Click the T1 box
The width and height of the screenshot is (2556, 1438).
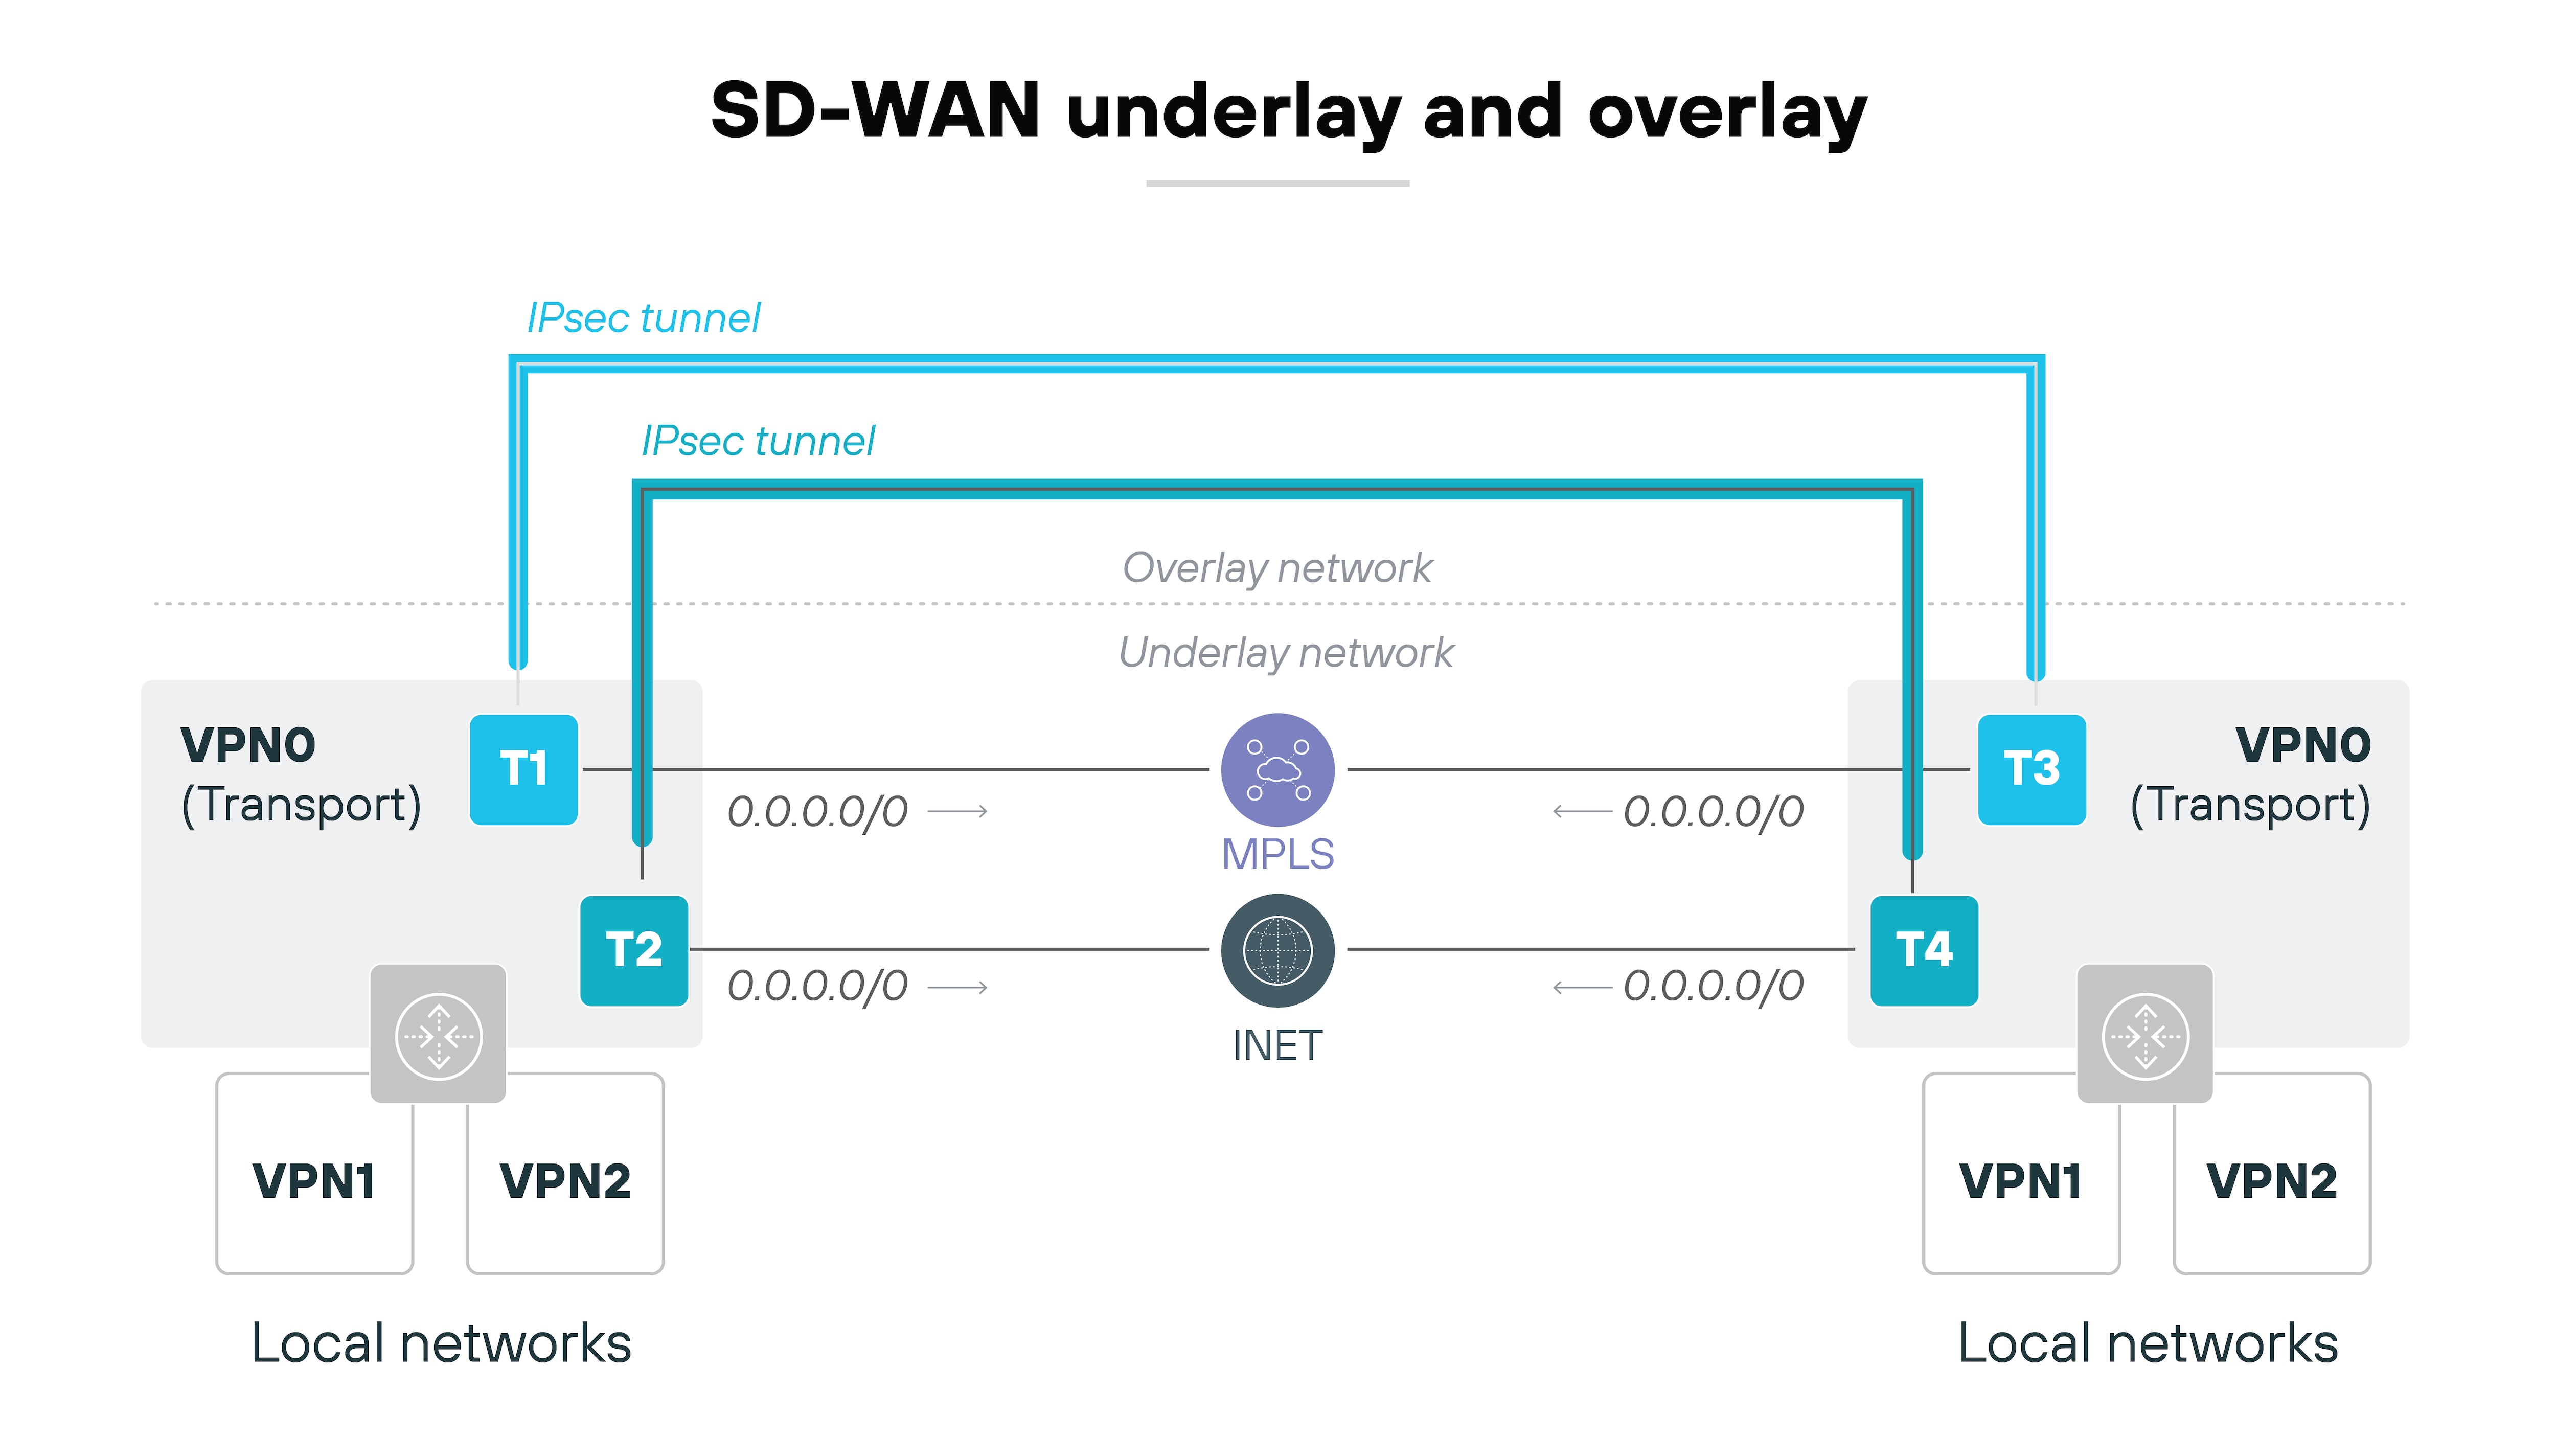coord(523,769)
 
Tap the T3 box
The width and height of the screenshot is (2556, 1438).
coord(2031,769)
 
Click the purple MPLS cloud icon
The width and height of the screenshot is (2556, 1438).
coord(1277,769)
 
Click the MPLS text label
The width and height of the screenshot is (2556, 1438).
coord(1277,854)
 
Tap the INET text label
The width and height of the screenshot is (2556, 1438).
coord(1277,1045)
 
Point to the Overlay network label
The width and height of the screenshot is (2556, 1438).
coord(1277,567)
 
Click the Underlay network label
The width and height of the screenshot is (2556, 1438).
coord(1285,653)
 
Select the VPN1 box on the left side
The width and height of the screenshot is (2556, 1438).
coord(313,1181)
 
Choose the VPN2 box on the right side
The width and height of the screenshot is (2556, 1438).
coord(2271,1181)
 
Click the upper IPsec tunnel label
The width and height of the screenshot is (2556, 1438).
coord(643,318)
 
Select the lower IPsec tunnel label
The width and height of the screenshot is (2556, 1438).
coord(758,442)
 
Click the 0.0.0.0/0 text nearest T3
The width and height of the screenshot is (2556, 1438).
coord(1713,812)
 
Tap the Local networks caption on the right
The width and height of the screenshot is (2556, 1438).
coord(2147,1344)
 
